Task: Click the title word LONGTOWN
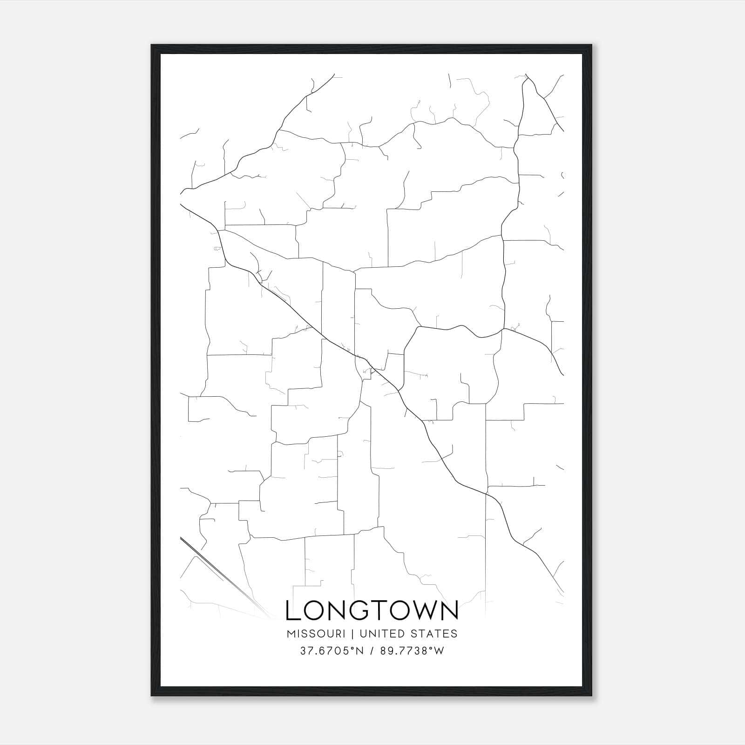point(372,610)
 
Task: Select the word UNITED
point(377,634)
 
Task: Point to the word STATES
point(433,634)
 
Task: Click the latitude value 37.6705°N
point(330,651)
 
